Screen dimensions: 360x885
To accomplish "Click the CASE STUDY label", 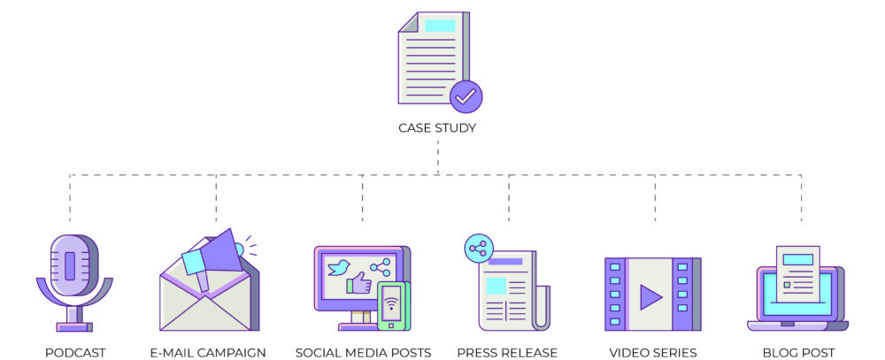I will [437, 127].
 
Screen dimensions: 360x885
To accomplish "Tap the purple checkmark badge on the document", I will [466, 96].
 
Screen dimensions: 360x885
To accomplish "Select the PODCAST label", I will [75, 353].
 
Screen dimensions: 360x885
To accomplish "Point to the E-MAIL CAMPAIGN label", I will [208, 353].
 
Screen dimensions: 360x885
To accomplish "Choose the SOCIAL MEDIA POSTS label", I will [363, 353].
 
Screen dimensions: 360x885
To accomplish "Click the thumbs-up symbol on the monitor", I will [358, 284].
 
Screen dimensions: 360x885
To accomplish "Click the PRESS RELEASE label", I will [507, 353].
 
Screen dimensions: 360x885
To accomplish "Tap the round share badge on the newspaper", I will [478, 249].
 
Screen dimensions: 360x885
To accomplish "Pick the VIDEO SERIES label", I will [653, 353].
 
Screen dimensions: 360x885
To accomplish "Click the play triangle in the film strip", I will [650, 295].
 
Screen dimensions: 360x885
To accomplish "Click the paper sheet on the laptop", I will [797, 273].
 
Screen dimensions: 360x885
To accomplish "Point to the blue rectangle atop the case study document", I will [440, 26].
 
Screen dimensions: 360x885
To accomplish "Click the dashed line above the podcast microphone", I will [71, 199].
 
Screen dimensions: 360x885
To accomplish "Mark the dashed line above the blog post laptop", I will [802, 199].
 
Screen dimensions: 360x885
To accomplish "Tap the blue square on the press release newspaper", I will [496, 286].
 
